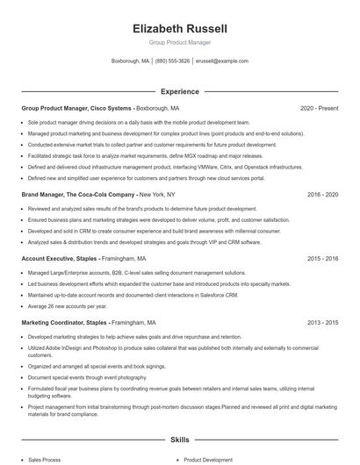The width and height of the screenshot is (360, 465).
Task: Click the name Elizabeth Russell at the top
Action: click(x=179, y=28)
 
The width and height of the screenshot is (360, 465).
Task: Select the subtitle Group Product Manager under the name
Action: click(x=179, y=42)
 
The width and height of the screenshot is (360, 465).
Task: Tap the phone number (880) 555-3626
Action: click(x=173, y=61)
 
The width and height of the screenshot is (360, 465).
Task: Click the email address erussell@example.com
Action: click(x=222, y=61)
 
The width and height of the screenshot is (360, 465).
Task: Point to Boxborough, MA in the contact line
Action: click(x=131, y=61)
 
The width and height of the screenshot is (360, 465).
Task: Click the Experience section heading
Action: click(x=179, y=90)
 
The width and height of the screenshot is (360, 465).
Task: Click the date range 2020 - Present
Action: click(x=319, y=108)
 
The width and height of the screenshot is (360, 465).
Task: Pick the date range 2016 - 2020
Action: click(x=322, y=193)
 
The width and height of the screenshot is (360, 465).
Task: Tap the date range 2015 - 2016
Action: click(x=322, y=259)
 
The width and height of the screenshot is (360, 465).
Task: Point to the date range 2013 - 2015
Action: click(x=322, y=323)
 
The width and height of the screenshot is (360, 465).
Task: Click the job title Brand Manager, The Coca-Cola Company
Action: click(x=77, y=193)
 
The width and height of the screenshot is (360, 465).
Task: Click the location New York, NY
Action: click(x=158, y=193)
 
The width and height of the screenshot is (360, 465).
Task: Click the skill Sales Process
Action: click(x=45, y=459)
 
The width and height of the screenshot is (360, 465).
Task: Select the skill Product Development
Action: click(x=208, y=459)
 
